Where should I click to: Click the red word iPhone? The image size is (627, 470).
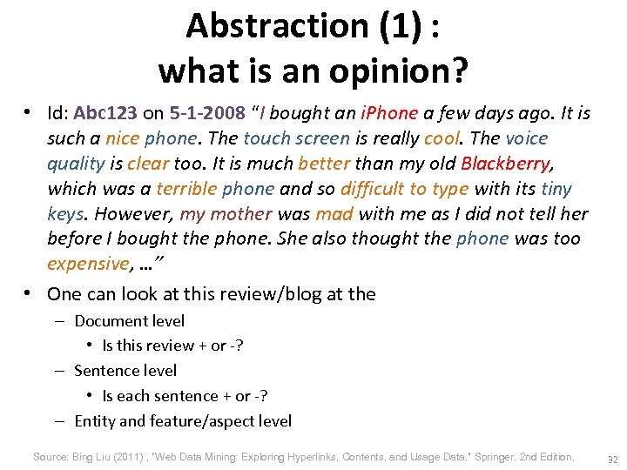click(389, 113)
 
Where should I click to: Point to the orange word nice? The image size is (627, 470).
click(122, 138)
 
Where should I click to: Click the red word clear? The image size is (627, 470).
click(148, 164)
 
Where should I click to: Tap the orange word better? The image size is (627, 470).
click(323, 164)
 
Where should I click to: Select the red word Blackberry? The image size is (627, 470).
click(506, 164)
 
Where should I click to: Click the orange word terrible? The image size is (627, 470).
click(187, 189)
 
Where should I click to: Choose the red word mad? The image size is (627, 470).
click(334, 214)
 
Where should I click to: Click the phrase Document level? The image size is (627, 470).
click(130, 321)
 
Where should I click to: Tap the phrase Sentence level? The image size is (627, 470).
click(125, 371)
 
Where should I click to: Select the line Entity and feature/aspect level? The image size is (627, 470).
click(183, 421)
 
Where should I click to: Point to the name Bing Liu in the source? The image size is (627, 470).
click(91, 457)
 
